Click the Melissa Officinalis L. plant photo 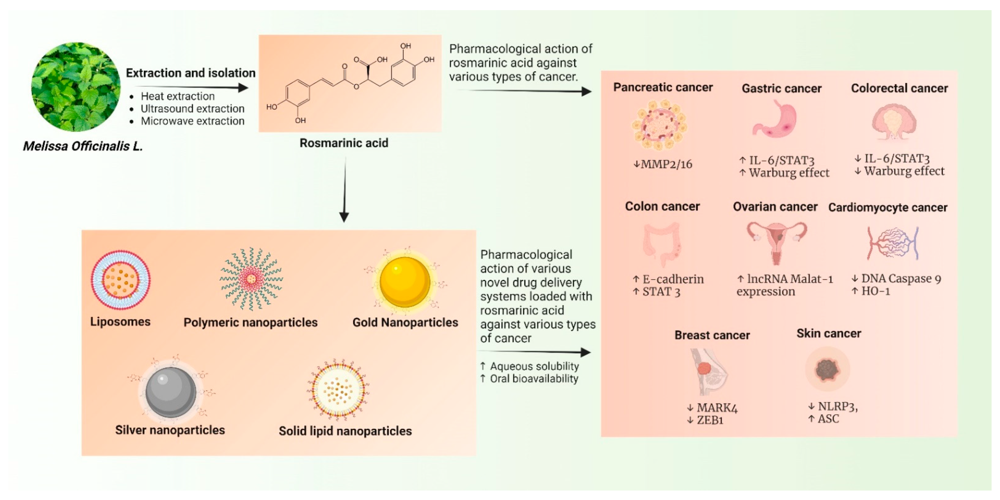click(76, 87)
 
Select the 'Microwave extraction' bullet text click(192, 121)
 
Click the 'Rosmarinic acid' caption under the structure click(344, 143)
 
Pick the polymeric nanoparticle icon click(251, 279)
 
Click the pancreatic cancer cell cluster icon click(660, 125)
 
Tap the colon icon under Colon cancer click(662, 244)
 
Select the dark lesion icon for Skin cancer click(828, 369)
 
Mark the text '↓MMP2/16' click(663, 164)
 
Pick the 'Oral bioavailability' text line click(534, 379)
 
